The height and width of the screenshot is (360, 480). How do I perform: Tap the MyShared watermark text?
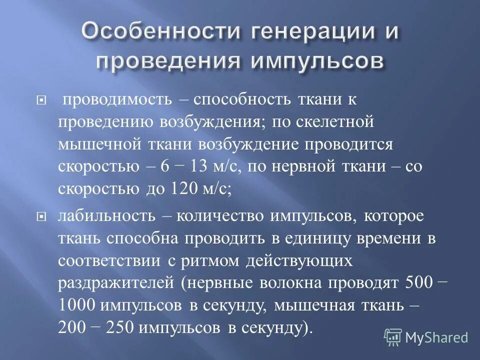436,337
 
